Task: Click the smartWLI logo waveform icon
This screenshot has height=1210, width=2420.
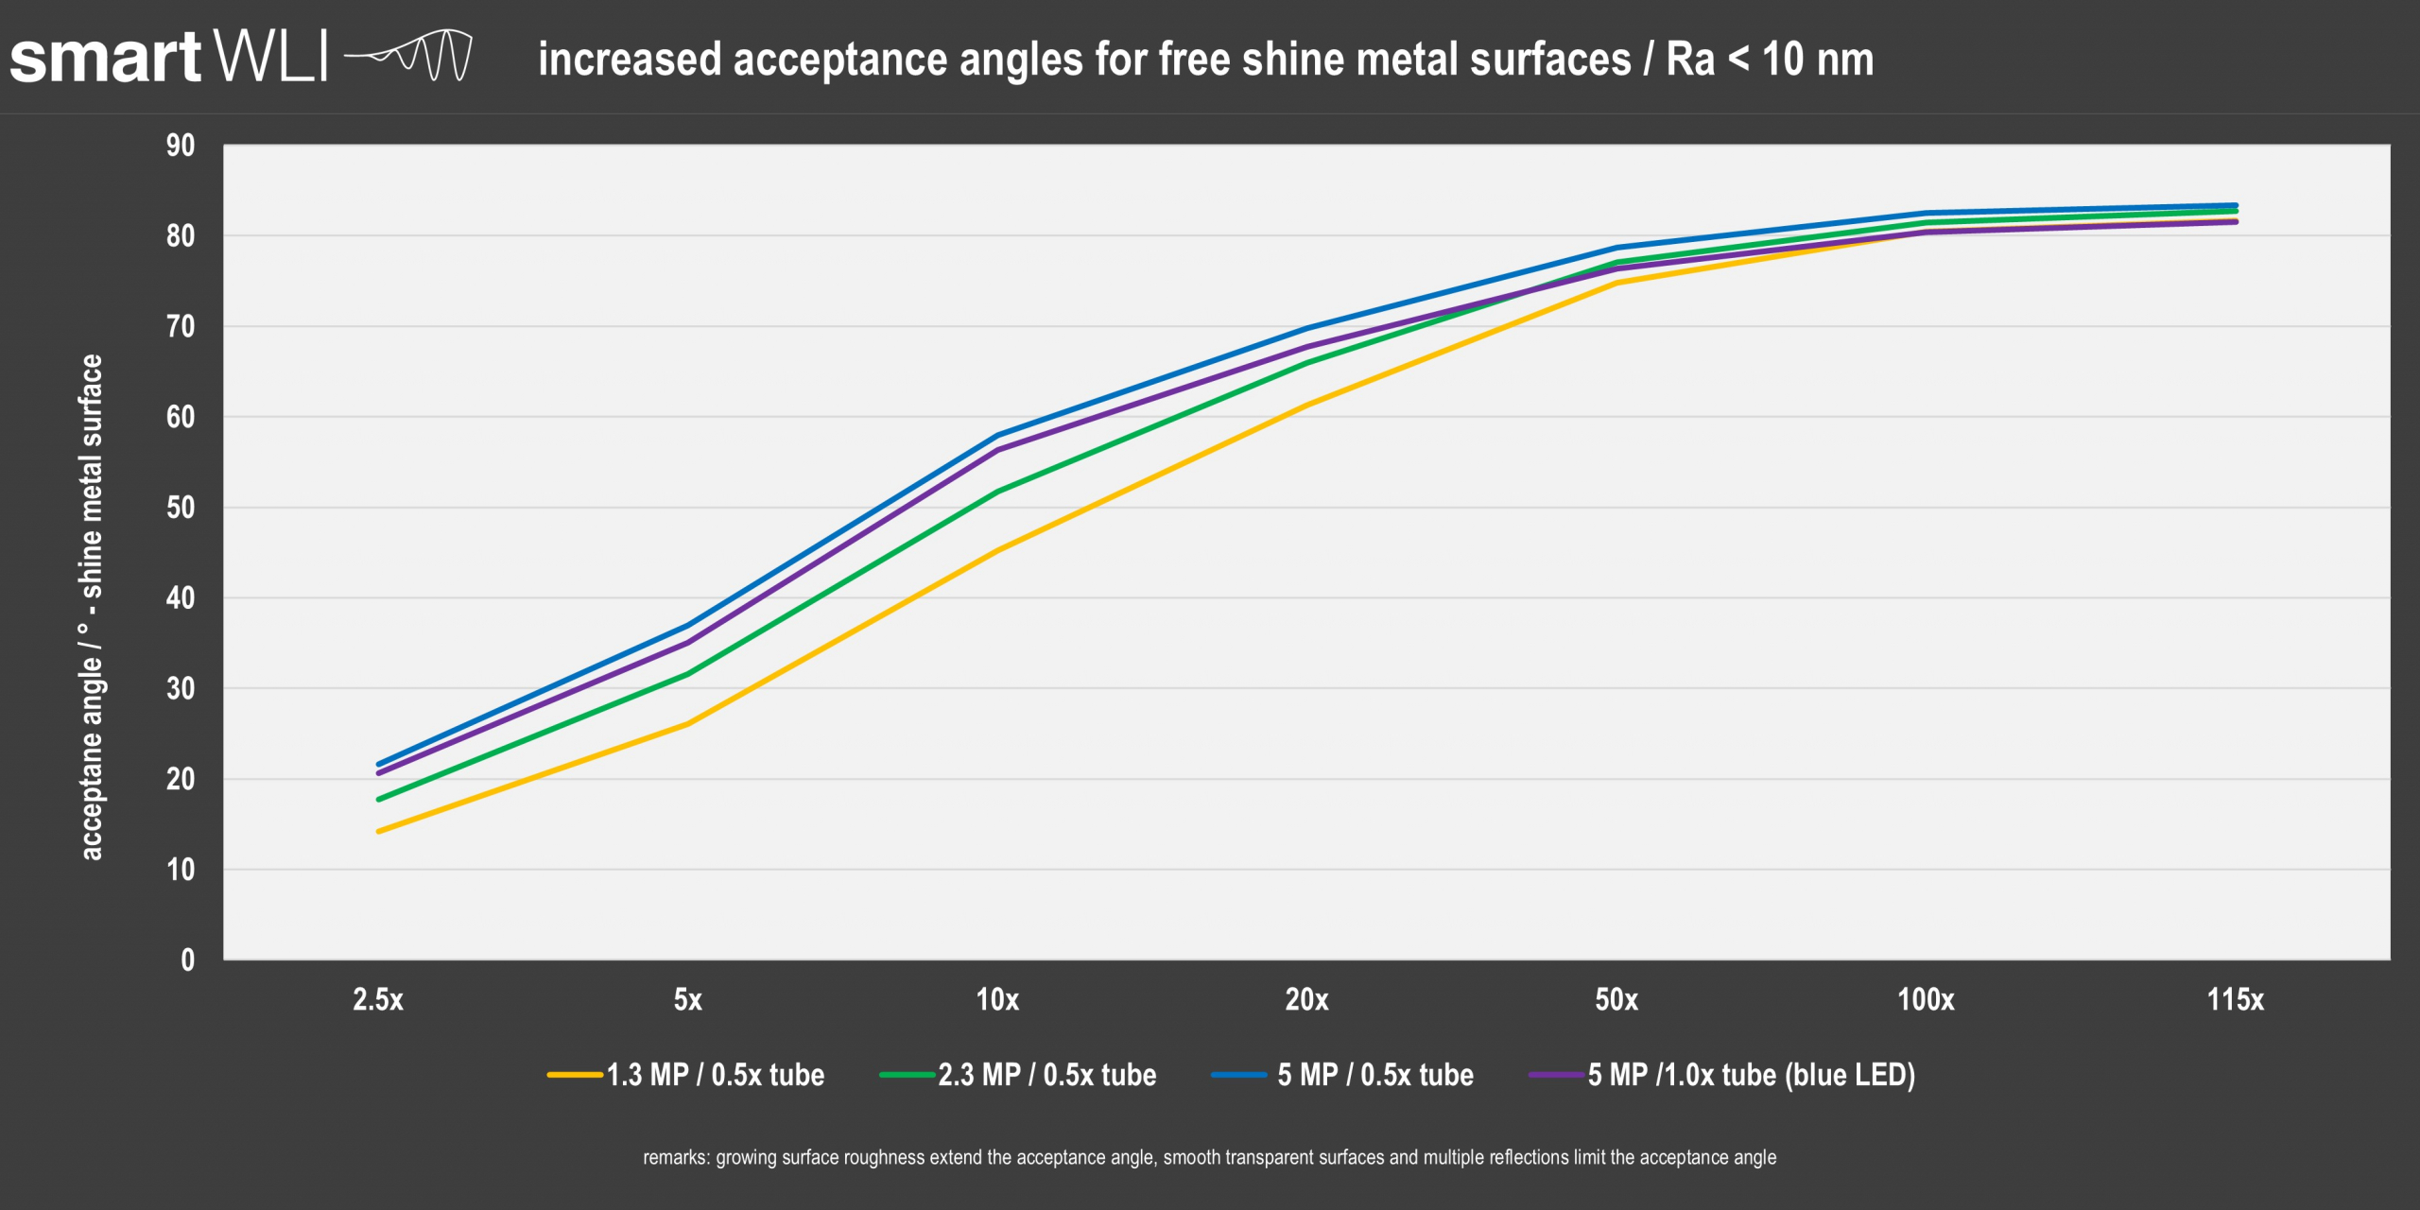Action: coord(408,57)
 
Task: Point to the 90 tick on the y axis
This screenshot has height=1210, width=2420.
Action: coord(181,146)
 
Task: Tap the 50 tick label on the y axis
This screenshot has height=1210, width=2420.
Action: coord(181,508)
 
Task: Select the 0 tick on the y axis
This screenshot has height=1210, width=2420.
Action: coord(187,960)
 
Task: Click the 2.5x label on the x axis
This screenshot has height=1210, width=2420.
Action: coord(378,999)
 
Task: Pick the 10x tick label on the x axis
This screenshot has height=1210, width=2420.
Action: coord(997,999)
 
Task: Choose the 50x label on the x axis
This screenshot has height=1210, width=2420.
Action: coord(1616,999)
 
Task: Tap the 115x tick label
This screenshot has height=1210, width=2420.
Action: coord(2235,999)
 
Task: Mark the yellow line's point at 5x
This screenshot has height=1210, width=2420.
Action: coord(687,724)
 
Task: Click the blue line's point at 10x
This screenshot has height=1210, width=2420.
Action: coord(998,436)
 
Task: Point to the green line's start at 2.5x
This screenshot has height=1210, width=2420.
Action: coord(379,800)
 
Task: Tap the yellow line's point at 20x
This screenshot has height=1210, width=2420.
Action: coord(1307,406)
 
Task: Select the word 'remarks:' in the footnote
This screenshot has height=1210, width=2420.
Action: coord(676,1157)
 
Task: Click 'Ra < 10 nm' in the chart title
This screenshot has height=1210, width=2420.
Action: coord(1769,60)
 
